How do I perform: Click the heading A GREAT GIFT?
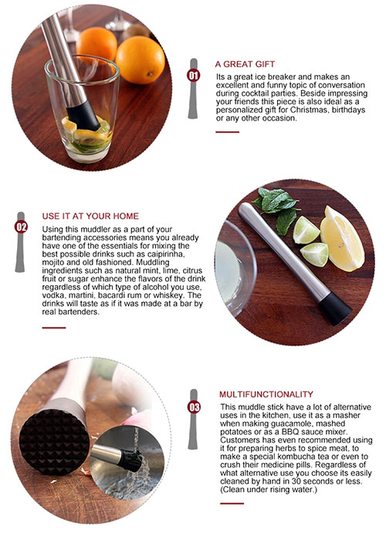(245, 64)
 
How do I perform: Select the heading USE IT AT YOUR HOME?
(90, 216)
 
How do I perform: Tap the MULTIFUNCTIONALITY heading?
(266, 394)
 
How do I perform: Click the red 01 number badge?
(193, 75)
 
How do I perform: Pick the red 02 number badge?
(21, 227)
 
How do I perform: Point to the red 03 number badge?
(194, 406)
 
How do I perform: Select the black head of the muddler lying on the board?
(335, 308)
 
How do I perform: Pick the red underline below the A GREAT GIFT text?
(227, 132)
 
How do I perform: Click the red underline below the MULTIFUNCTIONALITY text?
(232, 503)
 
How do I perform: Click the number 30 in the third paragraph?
(296, 481)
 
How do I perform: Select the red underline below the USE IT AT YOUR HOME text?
(54, 328)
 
